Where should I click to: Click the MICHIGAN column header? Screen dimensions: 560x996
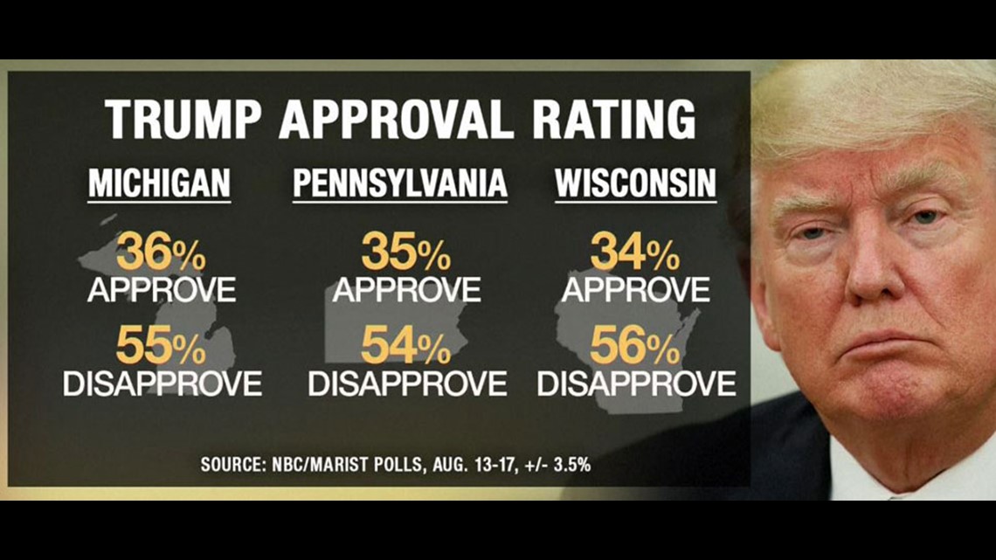159,183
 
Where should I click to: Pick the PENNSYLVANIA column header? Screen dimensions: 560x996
400,183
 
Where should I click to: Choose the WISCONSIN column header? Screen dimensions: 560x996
635,183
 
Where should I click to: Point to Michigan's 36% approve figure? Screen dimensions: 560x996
162,253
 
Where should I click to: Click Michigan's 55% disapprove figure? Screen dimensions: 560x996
162,347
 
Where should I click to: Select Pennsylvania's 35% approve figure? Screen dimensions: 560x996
406,253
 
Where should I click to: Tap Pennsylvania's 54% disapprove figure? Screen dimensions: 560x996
406,347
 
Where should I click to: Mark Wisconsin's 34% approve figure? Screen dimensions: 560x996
635,253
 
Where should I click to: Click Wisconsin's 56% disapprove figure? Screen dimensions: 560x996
635,347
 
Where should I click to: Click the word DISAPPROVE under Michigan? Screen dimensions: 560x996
163,383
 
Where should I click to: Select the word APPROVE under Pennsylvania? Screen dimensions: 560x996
406,289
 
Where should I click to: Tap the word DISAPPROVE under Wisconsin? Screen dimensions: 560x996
636,383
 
